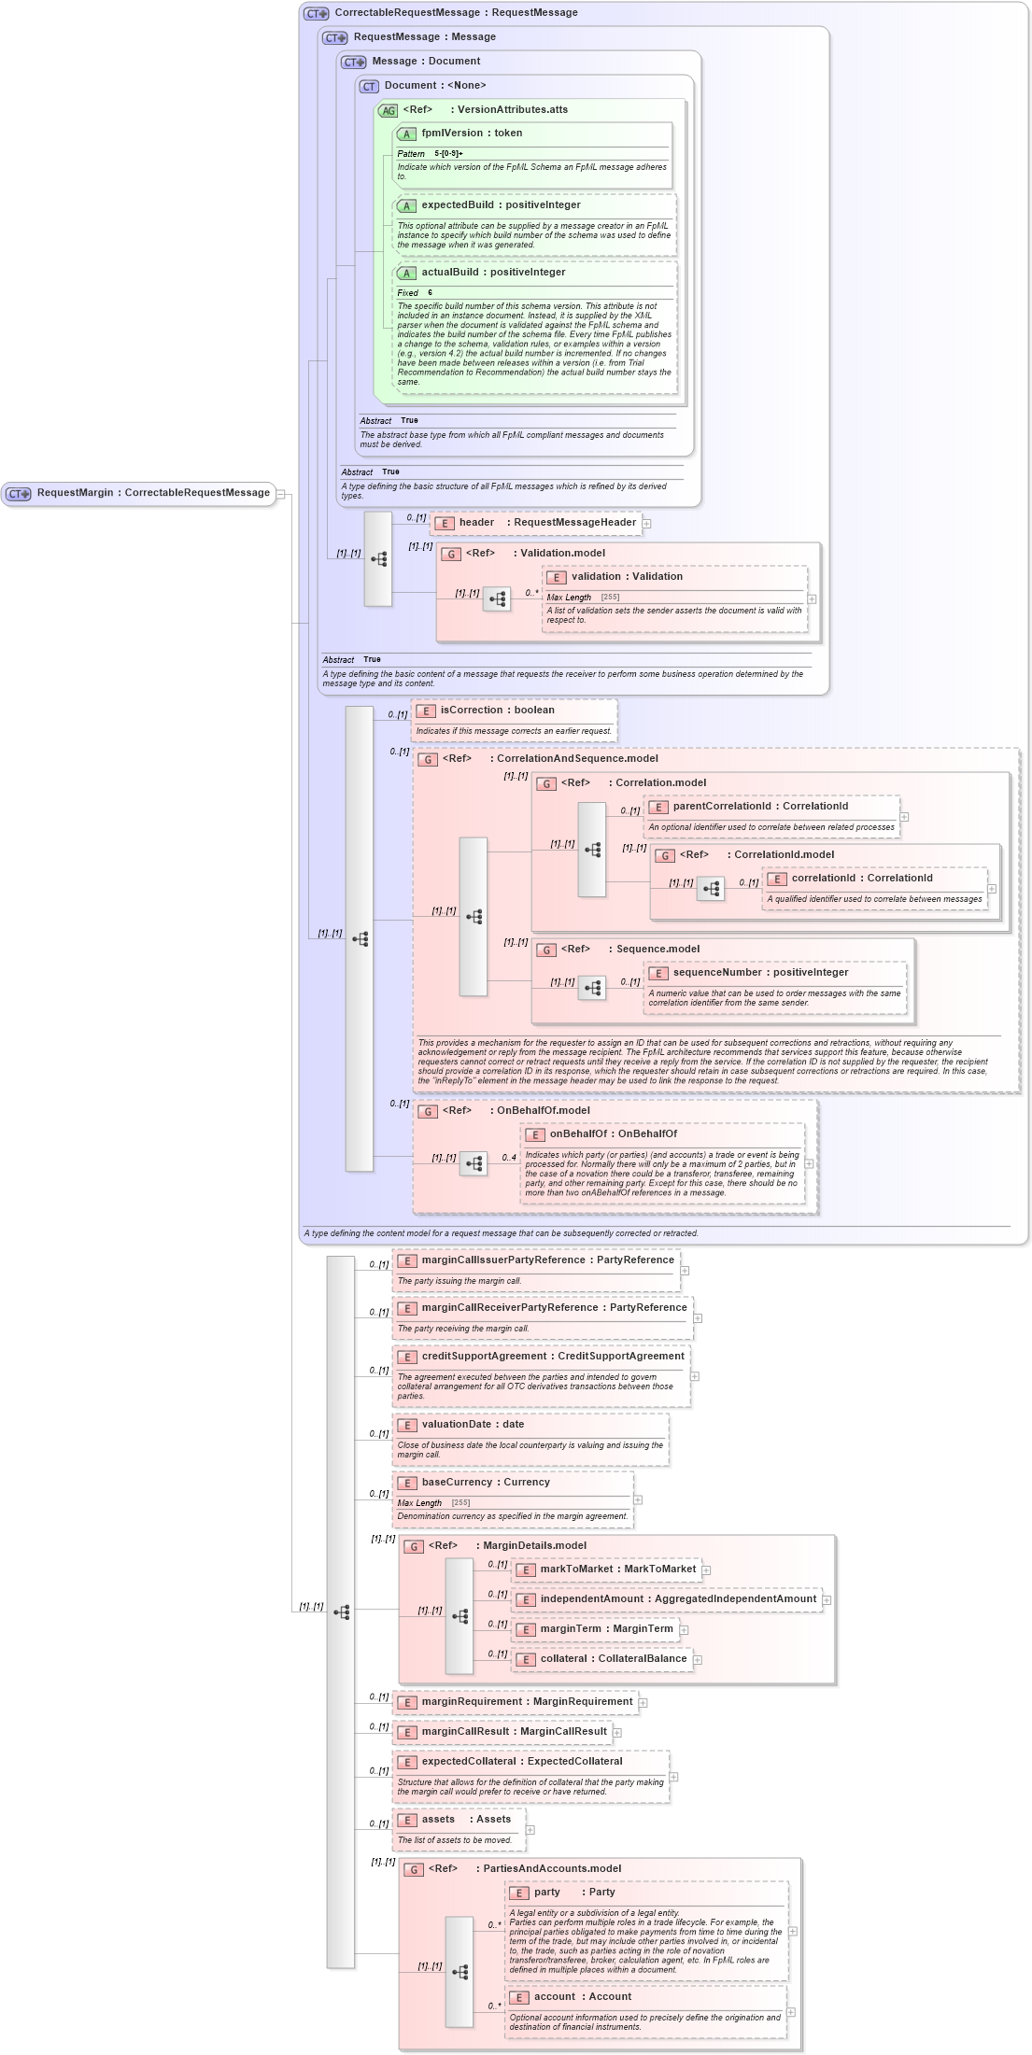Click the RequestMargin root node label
pos(153,493)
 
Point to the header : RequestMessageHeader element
pos(546,523)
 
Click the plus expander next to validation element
pos(812,599)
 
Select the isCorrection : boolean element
pos(497,711)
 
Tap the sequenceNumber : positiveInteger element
pos(760,973)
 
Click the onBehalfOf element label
pos(613,1134)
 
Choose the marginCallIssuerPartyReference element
pos(547,1260)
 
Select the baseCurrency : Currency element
pos(486,1483)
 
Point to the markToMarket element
pos(617,1569)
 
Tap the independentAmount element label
pos(678,1599)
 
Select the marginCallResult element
pos(514,1732)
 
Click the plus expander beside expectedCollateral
pos(673,1777)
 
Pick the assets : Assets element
pos(466,1820)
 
